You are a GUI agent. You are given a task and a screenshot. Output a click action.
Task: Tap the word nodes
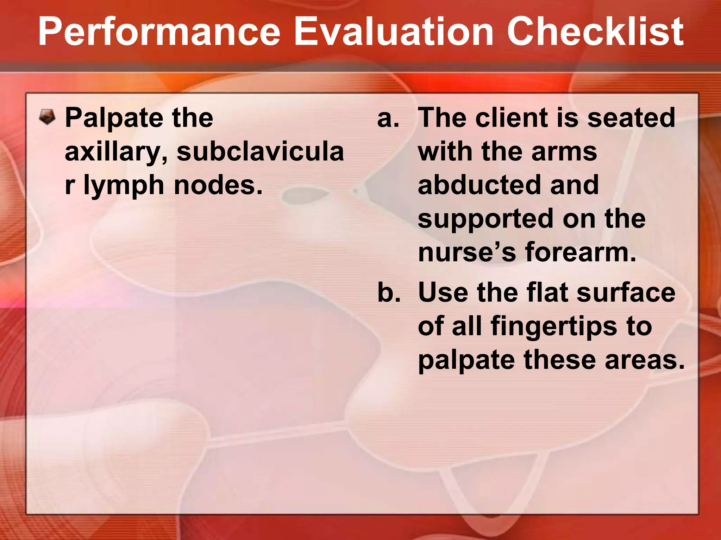218,185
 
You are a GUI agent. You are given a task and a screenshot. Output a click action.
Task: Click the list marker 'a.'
388,118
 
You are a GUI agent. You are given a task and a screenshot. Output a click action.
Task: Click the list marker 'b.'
389,292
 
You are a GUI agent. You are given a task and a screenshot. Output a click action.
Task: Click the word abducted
479,185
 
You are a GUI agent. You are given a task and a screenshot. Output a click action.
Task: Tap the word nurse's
467,253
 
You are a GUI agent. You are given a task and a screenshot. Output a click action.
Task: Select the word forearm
581,252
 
